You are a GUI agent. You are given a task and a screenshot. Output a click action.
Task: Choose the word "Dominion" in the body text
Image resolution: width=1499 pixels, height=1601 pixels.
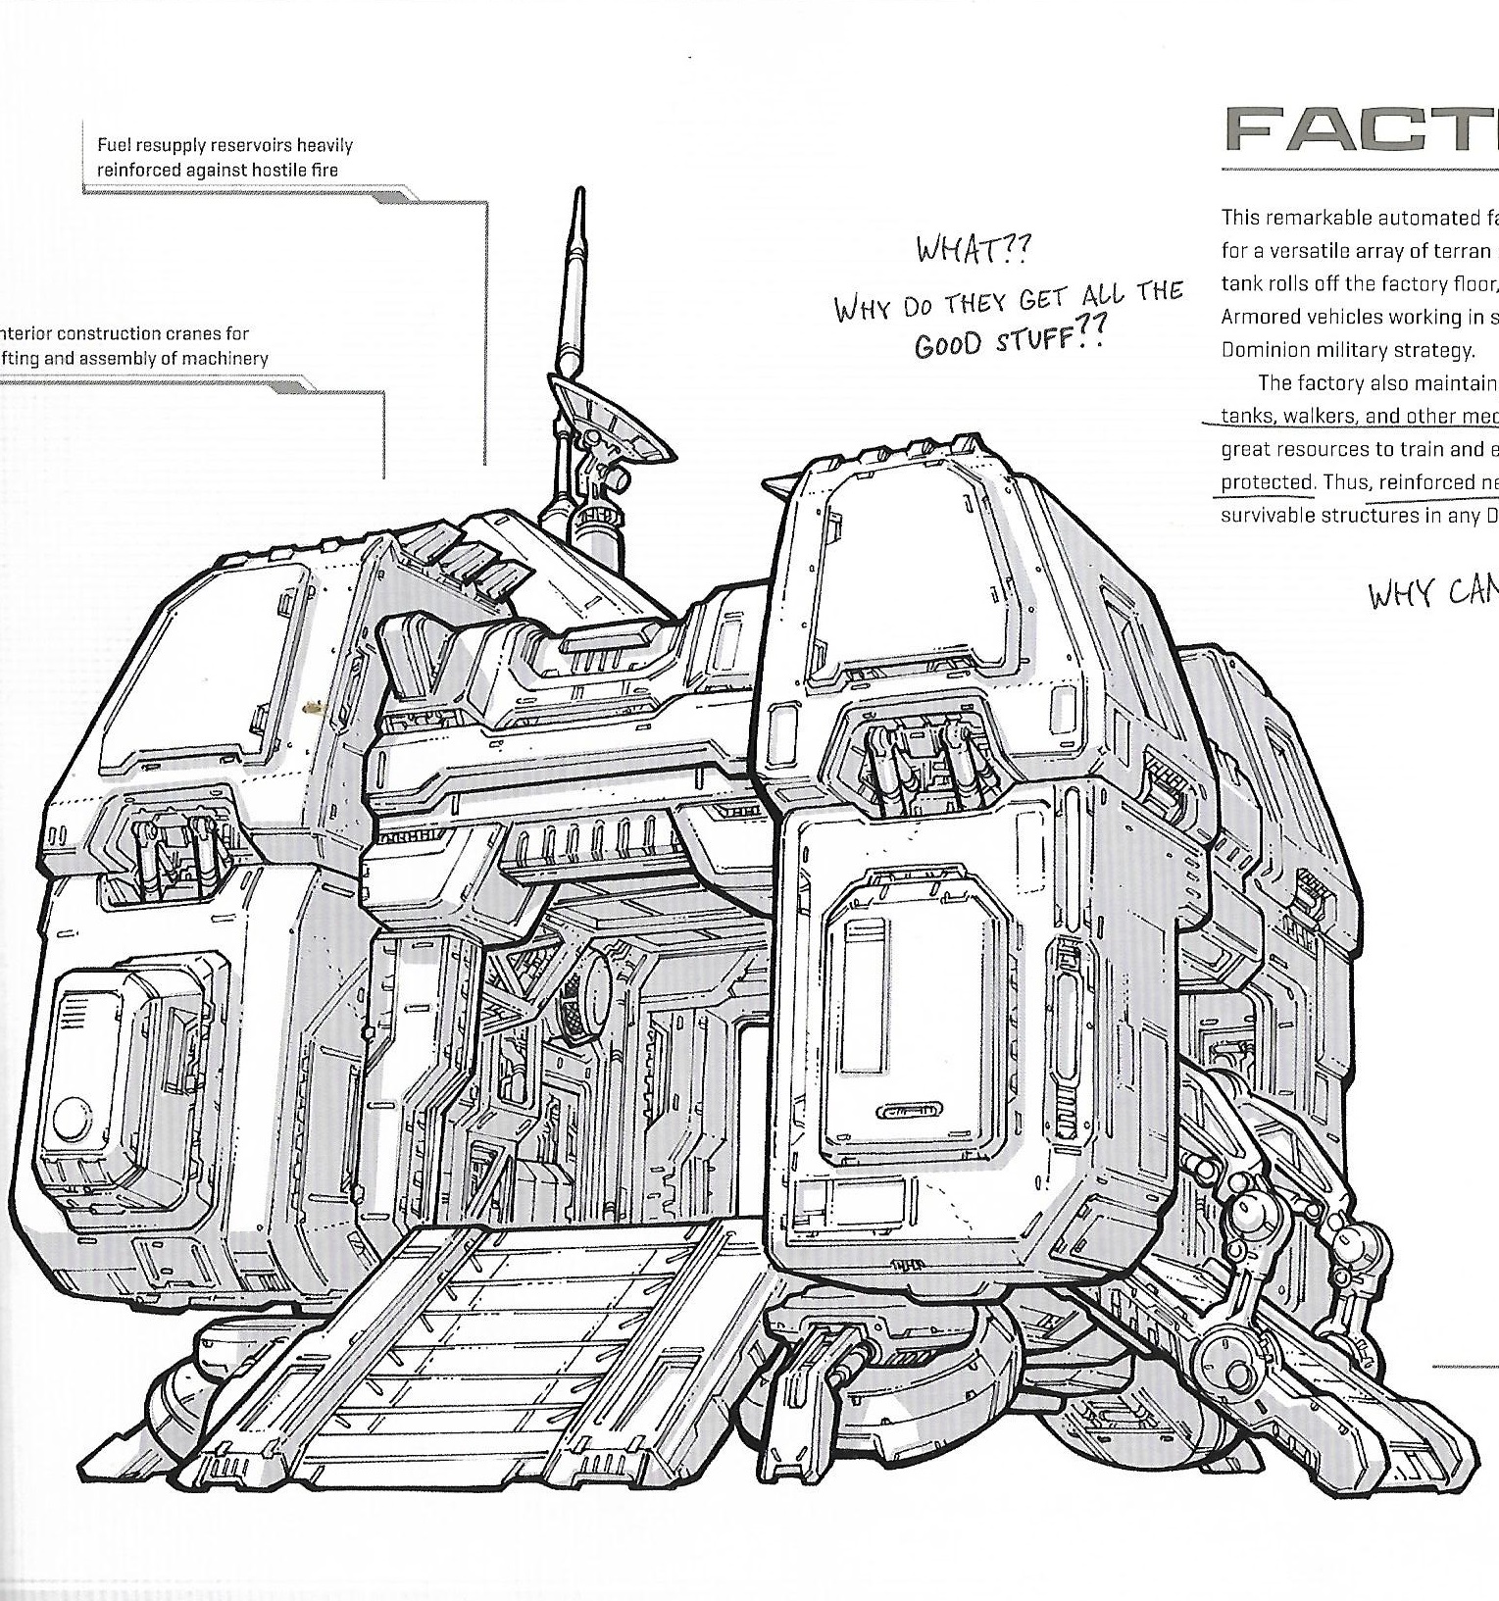coord(1260,350)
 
